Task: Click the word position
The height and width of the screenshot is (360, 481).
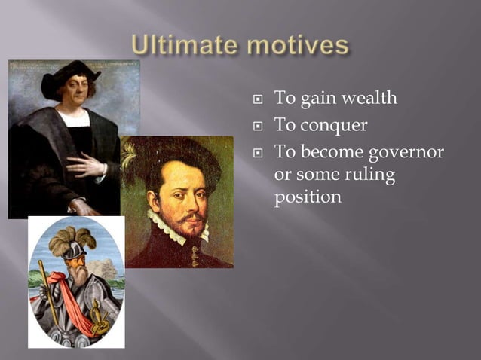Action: coord(308,197)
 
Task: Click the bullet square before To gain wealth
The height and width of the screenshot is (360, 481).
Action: coord(258,99)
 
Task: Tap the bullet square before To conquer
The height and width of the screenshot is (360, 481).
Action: coord(258,126)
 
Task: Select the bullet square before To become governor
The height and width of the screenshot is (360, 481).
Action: coord(258,153)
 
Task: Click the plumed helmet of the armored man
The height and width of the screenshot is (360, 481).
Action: coord(71,245)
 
